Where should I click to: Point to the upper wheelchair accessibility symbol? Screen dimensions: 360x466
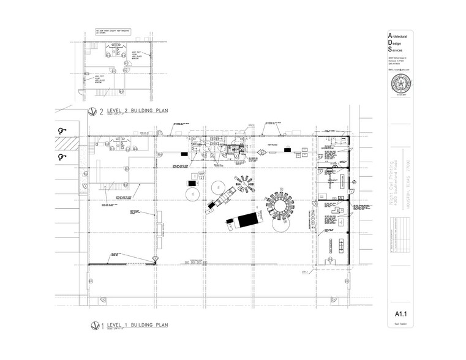(61, 130)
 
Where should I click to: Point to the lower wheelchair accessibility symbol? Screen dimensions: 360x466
(61, 157)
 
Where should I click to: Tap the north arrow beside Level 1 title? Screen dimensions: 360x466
(94, 325)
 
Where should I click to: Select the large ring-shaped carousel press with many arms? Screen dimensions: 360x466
(280, 209)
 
